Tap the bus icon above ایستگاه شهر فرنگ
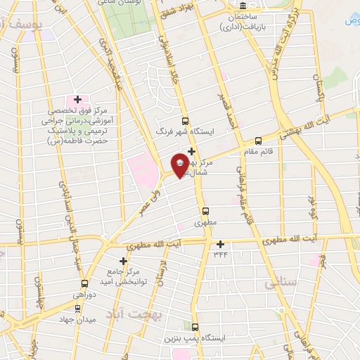[x=185, y=121]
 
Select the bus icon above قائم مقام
[x=257, y=141]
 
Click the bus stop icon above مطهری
[x=206, y=210]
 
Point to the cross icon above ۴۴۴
[x=221, y=244]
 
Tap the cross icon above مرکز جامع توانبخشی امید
[x=123, y=261]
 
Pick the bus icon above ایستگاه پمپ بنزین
[x=194, y=328]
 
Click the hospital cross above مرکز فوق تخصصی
[x=77, y=100]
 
